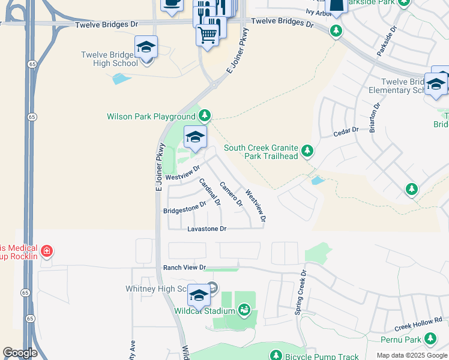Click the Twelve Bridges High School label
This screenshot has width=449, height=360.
[x=109, y=59]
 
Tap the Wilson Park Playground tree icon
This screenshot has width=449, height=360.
[x=205, y=115]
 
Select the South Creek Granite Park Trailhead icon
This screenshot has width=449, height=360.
[x=308, y=149]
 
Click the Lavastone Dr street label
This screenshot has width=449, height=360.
[x=206, y=229]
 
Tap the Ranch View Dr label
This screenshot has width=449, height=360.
[x=184, y=267]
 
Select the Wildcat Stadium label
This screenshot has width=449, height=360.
[x=204, y=311]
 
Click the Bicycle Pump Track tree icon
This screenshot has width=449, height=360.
[x=276, y=355]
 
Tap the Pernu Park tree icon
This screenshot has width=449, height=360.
[x=430, y=339]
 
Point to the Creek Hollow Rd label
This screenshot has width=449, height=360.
[x=418, y=324]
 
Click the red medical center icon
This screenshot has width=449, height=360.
[x=47, y=250]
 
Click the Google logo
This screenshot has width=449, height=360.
[x=20, y=353]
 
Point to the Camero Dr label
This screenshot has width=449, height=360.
[x=231, y=194]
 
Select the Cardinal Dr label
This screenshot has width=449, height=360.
[x=210, y=192]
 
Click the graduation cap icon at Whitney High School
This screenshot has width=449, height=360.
[x=198, y=295]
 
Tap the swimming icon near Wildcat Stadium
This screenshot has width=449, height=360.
[x=245, y=310]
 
